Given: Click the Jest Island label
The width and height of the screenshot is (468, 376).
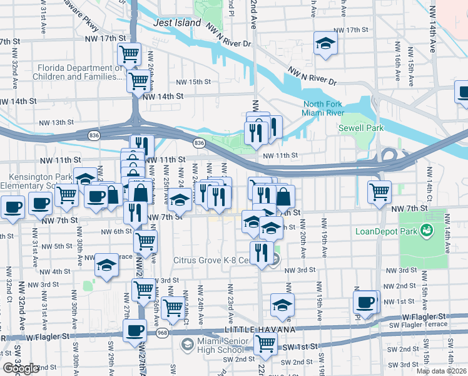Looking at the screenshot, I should tap(178, 23).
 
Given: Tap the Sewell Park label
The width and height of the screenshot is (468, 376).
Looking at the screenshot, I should tap(360, 128).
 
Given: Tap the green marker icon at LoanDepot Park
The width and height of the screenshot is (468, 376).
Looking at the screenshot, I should tap(427, 230).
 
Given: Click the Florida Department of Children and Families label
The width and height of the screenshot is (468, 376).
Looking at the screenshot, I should tap(79, 73).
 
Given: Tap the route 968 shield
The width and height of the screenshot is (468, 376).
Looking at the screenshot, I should tap(161, 332).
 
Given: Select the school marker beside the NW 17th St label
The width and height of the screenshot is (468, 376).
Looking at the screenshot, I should tap(325, 43).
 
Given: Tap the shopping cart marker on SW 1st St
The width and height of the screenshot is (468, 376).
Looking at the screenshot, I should tap(265, 343).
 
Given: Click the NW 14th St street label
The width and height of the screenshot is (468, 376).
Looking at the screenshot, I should tap(163, 97).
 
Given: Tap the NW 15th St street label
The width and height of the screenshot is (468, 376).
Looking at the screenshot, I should tap(193, 82).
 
